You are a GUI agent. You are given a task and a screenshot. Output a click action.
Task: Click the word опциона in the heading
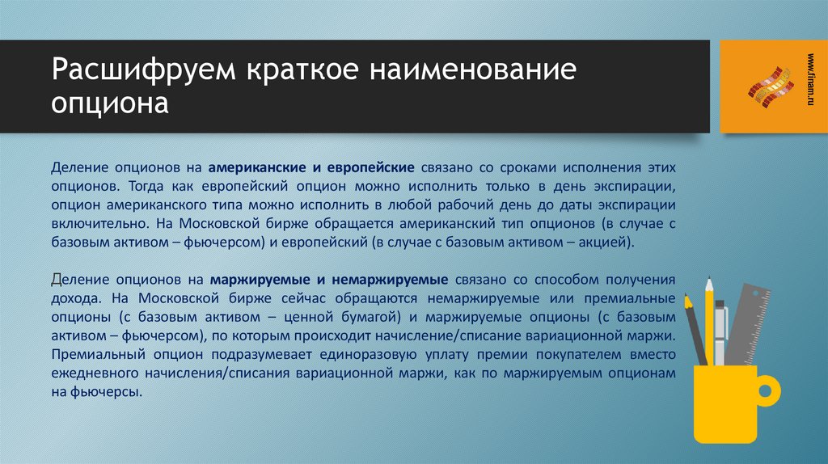click(110, 104)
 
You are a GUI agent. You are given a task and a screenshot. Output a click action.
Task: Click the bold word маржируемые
click(259, 279)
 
